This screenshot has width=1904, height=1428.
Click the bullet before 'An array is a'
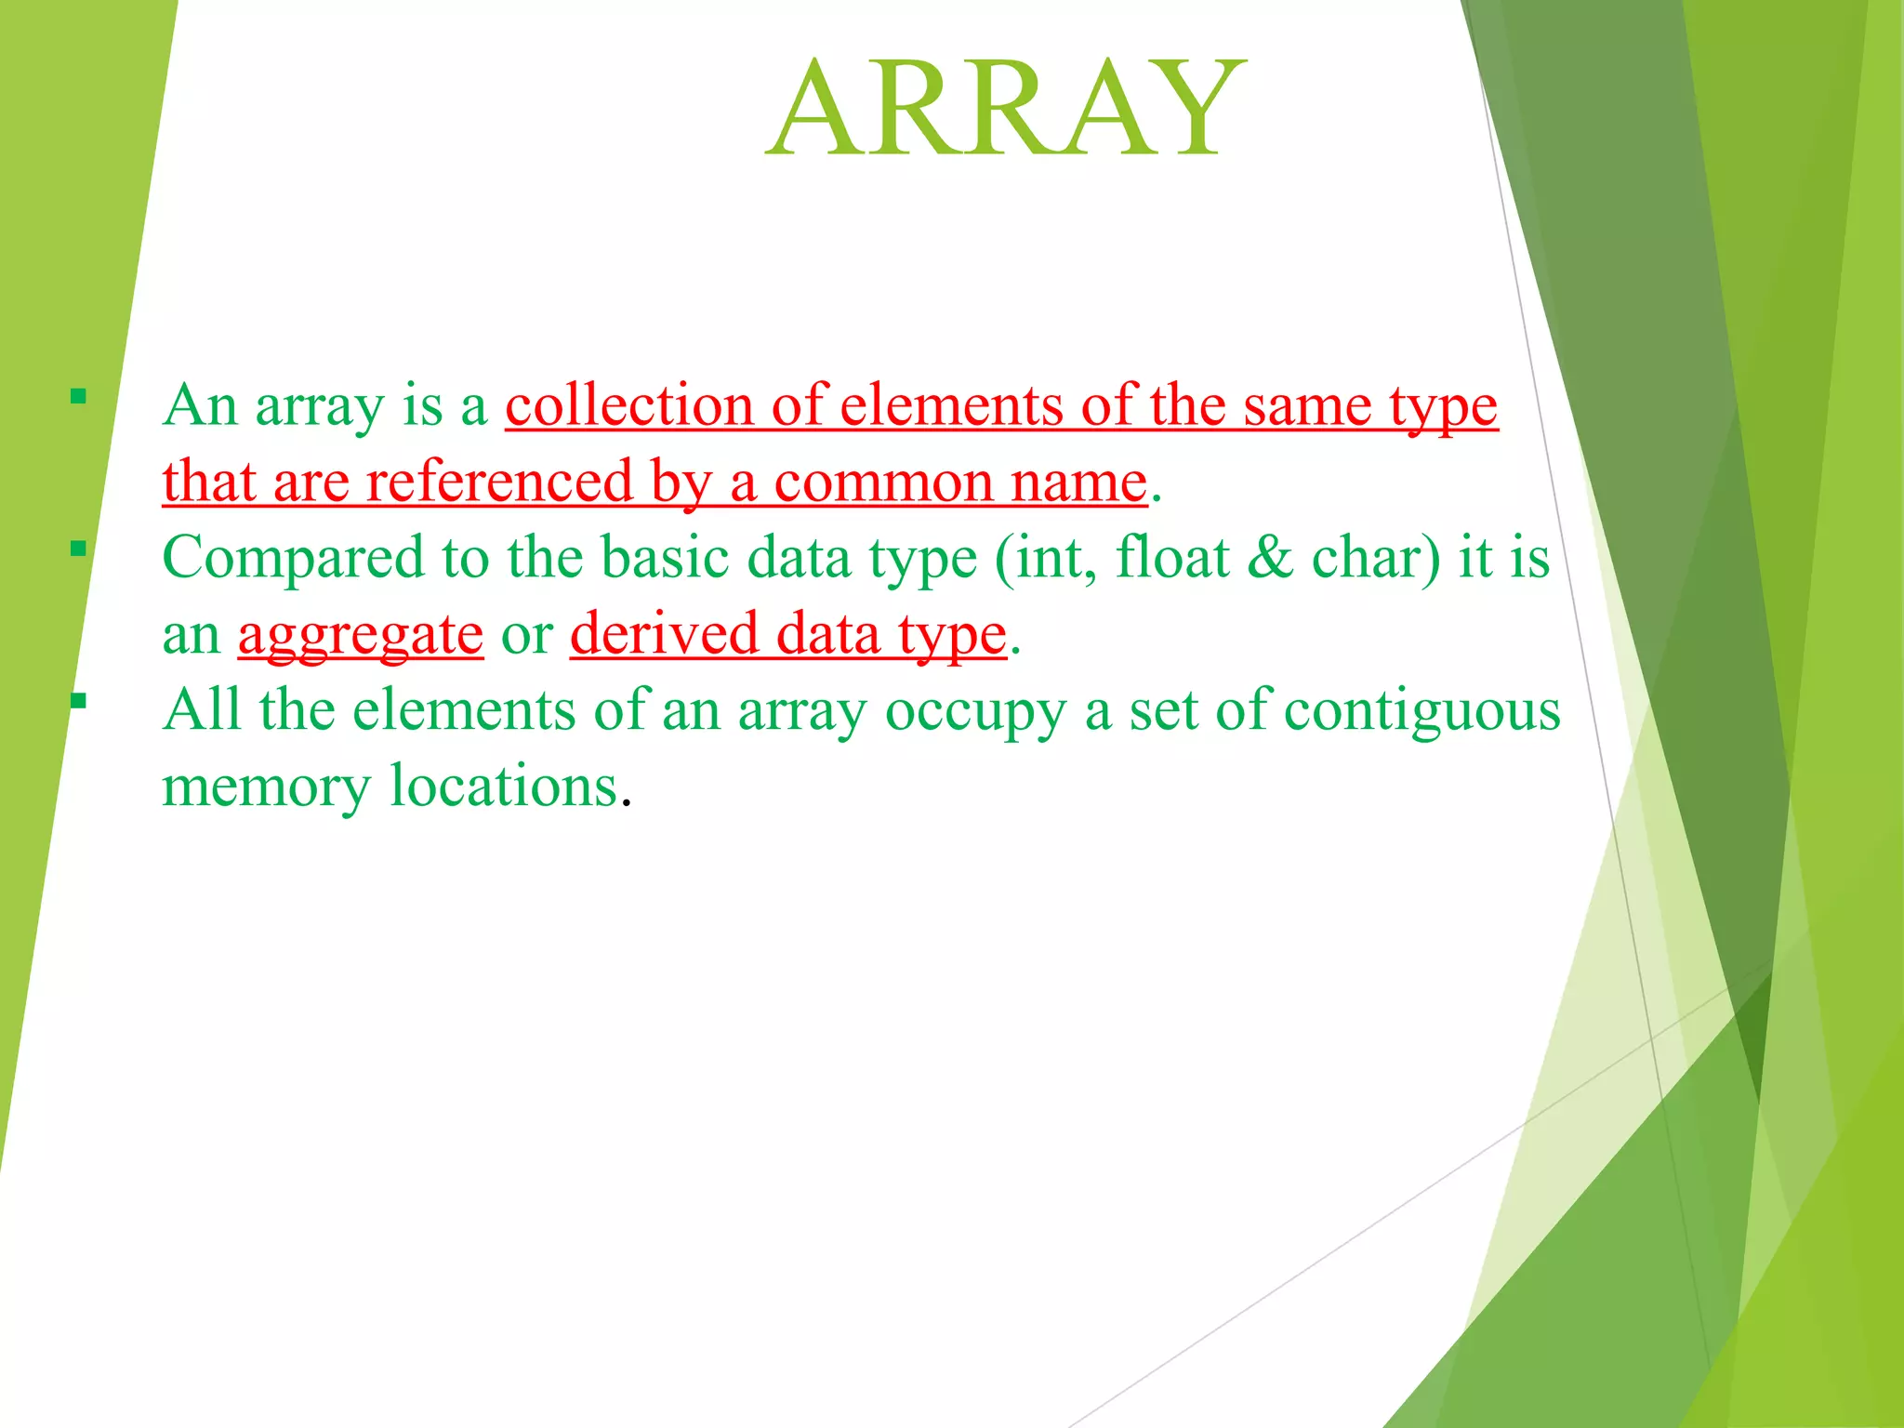tap(78, 397)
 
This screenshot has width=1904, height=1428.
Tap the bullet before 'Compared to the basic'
tap(78, 549)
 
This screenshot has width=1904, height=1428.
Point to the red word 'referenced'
tap(498, 483)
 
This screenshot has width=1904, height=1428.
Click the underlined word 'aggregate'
tap(361, 636)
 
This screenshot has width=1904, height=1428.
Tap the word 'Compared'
tap(293, 560)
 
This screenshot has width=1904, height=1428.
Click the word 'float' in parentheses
tap(1171, 558)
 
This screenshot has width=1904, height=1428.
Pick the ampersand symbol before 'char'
tap(1270, 558)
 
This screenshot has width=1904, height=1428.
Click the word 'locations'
tap(503, 787)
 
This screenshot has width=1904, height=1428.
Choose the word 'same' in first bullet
tap(1307, 407)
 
